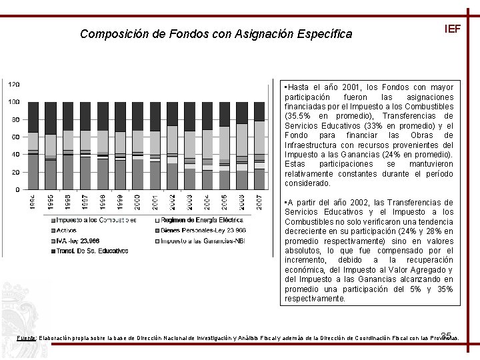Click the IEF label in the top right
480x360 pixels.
pyautogui.click(x=452, y=29)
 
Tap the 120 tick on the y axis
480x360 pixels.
pyautogui.click(x=14, y=84)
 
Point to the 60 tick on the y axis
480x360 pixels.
pyautogui.click(x=15, y=137)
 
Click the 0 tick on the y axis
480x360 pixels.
pyautogui.click(x=17, y=189)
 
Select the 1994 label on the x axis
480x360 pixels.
pyautogui.click(x=33, y=203)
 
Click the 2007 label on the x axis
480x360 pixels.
pyautogui.click(x=258, y=203)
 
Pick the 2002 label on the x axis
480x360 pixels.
pyautogui.click(x=171, y=203)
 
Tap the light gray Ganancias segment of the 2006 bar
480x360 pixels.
pyautogui.click(x=241, y=143)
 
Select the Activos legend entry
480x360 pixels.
pyautogui.click(x=66, y=230)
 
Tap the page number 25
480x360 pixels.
pyautogui.click(x=447, y=335)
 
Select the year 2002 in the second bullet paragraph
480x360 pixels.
pyautogui.click(x=358, y=202)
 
